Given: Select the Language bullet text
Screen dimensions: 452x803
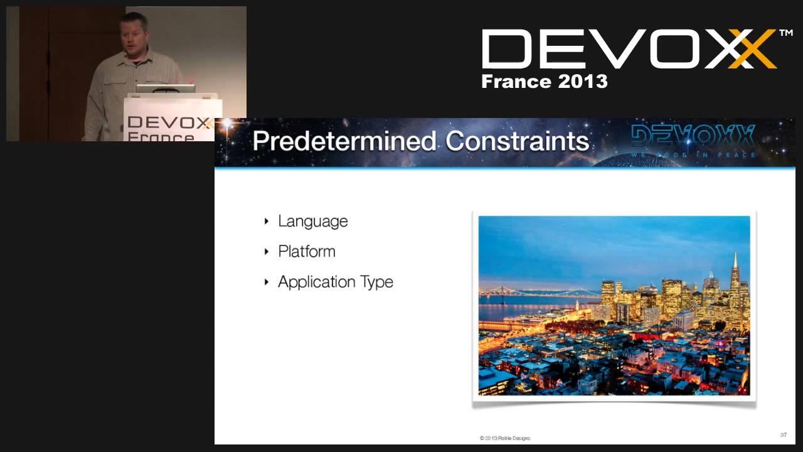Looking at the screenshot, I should click(312, 221).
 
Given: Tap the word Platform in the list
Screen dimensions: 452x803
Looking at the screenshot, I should click(306, 251).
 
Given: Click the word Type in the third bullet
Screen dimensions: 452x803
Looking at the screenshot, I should click(377, 282).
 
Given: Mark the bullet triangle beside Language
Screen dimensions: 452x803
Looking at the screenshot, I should click(267, 221).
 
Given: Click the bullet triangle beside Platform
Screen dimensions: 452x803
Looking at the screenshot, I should click(267, 251).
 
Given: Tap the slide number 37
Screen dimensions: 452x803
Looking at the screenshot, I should click(784, 434).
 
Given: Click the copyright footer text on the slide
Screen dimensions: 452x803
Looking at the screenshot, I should click(504, 438).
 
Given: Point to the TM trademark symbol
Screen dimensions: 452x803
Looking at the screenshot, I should click(785, 33).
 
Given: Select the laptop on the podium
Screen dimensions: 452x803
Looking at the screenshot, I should click(165, 89).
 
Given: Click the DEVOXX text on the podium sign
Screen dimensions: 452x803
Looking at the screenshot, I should click(169, 122).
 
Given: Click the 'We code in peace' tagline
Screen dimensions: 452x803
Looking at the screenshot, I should click(693, 155).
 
